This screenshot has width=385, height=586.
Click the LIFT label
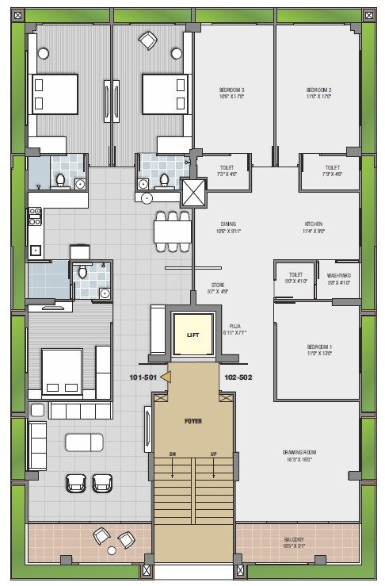pos(192,335)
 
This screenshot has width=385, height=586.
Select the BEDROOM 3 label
pos(232,90)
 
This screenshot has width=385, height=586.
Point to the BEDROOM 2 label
pos(318,90)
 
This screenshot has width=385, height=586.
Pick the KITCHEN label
pos(314,224)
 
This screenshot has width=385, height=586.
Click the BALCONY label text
pos(295,540)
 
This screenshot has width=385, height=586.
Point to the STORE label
pos(218,284)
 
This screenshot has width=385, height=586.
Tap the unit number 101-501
pos(143,377)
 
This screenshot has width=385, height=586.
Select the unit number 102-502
pos(238,377)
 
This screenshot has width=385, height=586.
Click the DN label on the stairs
pos(172,454)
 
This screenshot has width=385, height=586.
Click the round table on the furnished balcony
pos(112,549)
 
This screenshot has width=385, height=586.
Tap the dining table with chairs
pos(172,230)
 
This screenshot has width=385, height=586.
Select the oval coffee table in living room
pos(85,442)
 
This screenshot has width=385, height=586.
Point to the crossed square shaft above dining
pos(192,191)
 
